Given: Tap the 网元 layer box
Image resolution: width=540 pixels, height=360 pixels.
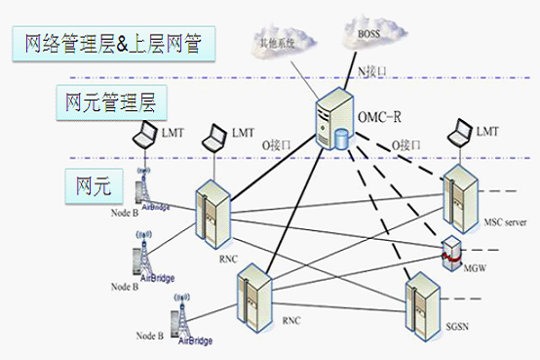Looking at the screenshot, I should point(86,182).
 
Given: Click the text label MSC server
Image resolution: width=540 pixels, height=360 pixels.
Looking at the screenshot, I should point(504,222).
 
